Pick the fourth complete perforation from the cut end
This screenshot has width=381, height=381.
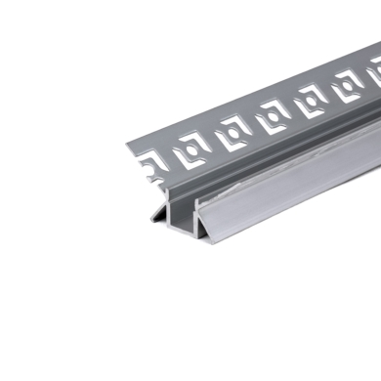[x=310, y=103]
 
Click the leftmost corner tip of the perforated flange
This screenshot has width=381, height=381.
[x=128, y=152]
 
